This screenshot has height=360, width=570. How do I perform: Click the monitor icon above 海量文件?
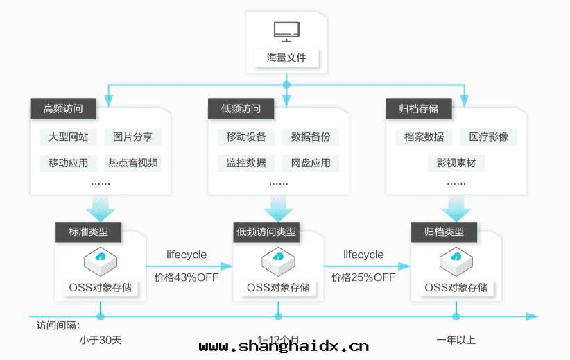point(286,31)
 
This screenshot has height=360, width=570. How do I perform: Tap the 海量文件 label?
point(286,58)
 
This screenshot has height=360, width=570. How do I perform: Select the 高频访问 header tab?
point(63,109)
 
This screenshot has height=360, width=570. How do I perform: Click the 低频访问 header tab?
point(241,109)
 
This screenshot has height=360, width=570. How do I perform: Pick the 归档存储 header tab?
point(419,109)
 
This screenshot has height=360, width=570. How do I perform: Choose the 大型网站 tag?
point(68,137)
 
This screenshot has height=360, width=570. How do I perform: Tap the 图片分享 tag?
point(132,137)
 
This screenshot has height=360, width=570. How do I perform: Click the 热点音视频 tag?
point(132,164)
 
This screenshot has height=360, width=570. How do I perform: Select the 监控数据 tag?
point(246,164)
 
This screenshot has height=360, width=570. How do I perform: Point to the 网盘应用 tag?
point(311,164)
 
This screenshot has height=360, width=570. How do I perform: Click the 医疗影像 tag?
point(488,137)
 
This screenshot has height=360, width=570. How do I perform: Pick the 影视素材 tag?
point(456,164)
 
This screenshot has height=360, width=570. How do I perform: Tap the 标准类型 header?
point(89,232)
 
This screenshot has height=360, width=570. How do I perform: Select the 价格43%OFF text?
point(187,277)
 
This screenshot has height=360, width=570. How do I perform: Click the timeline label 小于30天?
point(101,340)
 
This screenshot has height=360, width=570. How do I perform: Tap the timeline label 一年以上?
point(456,340)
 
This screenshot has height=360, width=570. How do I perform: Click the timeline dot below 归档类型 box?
point(456,316)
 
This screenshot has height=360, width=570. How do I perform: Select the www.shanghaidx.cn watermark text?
point(284,346)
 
